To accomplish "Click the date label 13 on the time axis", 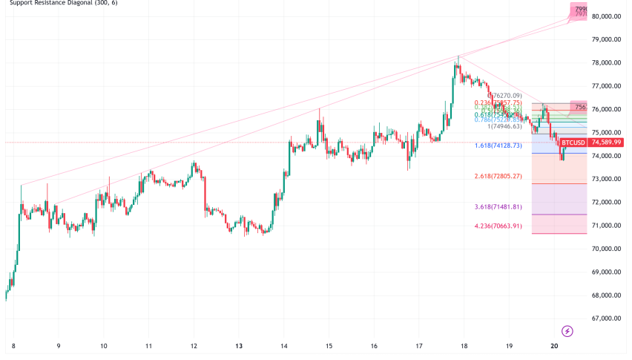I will pos(239,346).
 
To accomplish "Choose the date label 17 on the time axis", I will pos(418,346).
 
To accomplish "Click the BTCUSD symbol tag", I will pos(572,143).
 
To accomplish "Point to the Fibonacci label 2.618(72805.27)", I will pos(498,177).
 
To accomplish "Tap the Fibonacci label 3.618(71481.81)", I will pos(498,207).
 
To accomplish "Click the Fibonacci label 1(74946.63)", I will pos(505,127).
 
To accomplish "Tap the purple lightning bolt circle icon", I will pos(567,330).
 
